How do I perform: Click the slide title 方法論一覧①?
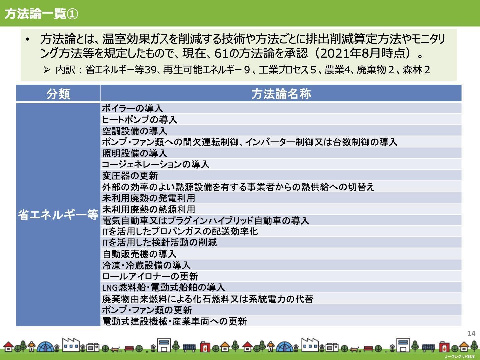41,14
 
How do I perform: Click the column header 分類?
58,94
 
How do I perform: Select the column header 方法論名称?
281,94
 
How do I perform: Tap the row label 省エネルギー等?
58,215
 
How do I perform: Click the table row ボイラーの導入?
133,108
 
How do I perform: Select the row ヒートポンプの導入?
140,120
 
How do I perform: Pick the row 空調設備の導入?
135,131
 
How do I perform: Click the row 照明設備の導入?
135,153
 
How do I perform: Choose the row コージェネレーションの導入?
156,164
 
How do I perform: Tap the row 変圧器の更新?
130,176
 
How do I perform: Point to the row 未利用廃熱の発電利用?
148,198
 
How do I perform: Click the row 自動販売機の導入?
139,254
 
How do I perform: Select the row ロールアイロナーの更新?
150,276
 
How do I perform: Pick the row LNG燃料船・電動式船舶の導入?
163,287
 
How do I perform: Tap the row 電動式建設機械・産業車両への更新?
175,321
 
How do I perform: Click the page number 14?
471,334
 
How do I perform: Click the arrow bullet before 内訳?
47,70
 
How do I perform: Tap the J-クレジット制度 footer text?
460,357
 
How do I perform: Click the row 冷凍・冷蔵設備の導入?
146,265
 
